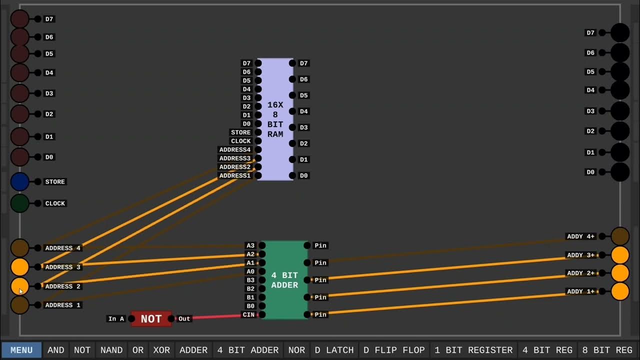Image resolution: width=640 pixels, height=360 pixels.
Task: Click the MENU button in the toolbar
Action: click(21, 350)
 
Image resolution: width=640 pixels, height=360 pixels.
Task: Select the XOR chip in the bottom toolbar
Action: click(161, 350)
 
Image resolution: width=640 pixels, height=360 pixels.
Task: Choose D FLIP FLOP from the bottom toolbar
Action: click(394, 350)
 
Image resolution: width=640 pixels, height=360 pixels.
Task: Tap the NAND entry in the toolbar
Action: click(111, 350)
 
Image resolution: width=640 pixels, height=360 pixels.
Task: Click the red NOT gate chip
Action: click(151, 319)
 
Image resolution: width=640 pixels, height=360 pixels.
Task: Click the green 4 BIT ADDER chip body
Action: click(284, 280)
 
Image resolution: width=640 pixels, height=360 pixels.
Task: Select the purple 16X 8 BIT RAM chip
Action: click(275, 119)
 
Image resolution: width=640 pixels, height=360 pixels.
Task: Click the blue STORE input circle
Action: click(20, 181)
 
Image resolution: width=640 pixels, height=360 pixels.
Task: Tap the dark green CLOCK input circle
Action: click(20, 203)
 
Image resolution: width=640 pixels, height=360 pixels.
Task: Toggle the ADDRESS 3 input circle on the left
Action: click(20, 267)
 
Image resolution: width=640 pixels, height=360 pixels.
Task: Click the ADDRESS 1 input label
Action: click(62, 305)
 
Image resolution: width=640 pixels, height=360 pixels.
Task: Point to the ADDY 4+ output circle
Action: click(620, 236)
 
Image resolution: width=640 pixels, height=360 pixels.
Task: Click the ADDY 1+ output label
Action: click(580, 291)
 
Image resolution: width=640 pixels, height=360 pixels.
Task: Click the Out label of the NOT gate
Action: click(184, 319)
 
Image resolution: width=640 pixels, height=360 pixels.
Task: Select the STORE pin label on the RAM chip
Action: click(240, 132)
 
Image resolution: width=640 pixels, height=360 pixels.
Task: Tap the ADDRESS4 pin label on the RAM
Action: click(234, 149)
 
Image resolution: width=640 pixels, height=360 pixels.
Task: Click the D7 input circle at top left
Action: click(20, 19)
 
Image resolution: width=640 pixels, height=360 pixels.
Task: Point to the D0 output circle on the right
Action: click(620, 172)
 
